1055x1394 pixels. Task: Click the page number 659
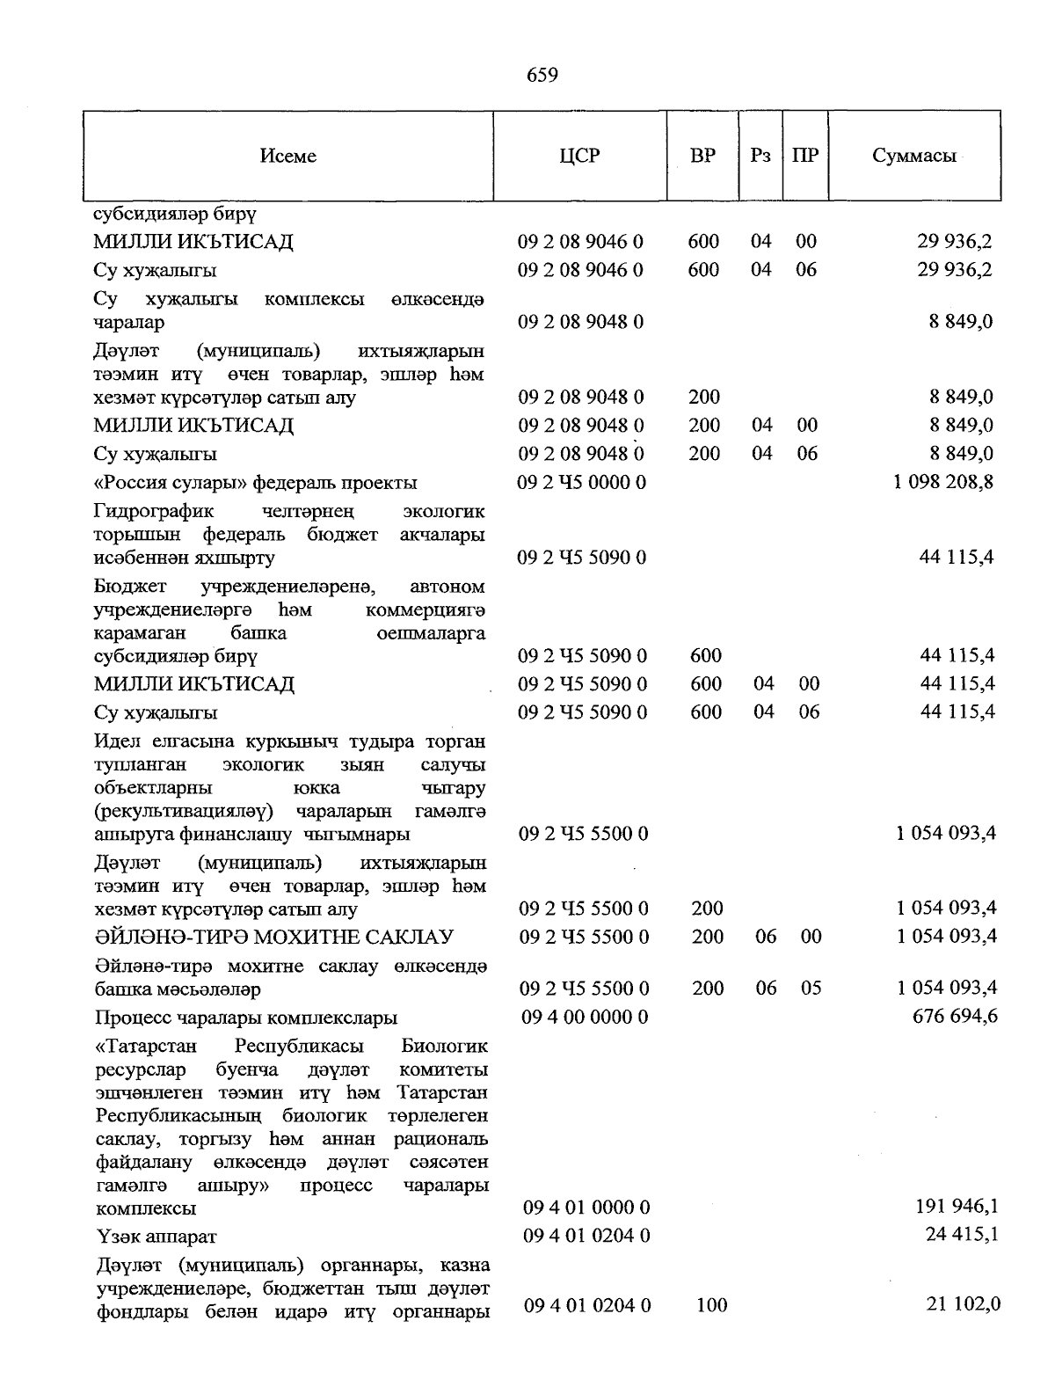tap(542, 76)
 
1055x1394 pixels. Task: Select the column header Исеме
tap(288, 157)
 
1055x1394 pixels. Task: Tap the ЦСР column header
tap(579, 157)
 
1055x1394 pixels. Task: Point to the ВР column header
tap(702, 157)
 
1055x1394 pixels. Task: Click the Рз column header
tap(760, 157)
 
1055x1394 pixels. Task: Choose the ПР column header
tap(805, 157)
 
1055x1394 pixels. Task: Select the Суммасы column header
tap(914, 157)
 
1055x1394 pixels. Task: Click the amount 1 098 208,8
tap(943, 482)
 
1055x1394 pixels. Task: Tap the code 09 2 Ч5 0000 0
tap(582, 482)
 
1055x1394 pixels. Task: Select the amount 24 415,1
tap(962, 1235)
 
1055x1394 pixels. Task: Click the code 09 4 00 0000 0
tap(585, 1018)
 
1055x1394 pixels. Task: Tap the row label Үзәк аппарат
tap(156, 1237)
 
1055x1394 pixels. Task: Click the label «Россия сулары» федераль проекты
tap(256, 483)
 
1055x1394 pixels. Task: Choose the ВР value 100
tap(711, 1305)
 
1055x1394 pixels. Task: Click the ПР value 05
tap(811, 989)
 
